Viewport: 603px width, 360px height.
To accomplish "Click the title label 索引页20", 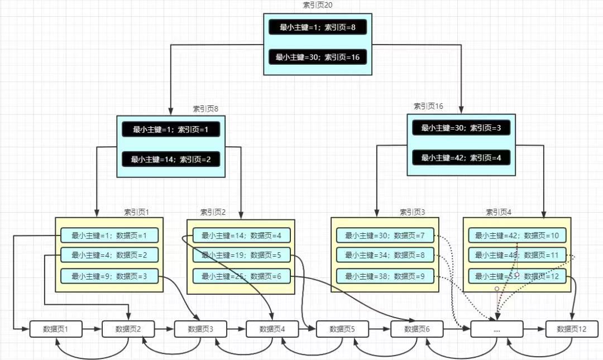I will [x=318, y=5].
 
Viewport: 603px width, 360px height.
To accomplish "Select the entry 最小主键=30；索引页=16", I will [x=318, y=57].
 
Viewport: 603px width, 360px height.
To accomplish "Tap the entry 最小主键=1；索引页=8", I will [x=318, y=27].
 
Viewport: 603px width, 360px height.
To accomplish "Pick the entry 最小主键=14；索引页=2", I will [x=171, y=160].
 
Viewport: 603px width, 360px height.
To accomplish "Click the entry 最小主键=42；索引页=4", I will [x=461, y=158].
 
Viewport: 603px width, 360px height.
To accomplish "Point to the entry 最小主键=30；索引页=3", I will [x=461, y=128].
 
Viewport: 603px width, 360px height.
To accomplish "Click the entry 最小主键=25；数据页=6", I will [x=242, y=276].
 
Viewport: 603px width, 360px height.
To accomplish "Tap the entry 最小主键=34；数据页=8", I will [x=385, y=256].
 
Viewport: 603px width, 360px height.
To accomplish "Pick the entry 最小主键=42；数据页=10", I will [x=517, y=236].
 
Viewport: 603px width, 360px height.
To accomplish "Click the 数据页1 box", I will [x=56, y=329].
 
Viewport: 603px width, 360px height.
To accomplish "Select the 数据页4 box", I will [x=272, y=329].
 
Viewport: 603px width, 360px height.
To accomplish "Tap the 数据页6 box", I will [x=417, y=329].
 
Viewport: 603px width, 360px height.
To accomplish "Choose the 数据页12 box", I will [x=572, y=329].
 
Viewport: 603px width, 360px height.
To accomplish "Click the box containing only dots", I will [x=497, y=329].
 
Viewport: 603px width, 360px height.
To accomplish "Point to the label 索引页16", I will [x=428, y=106].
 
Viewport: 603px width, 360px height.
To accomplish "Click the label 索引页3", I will [x=412, y=212].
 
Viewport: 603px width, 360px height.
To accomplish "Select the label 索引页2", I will [x=213, y=212].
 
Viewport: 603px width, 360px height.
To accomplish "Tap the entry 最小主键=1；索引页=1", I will [x=171, y=129].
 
